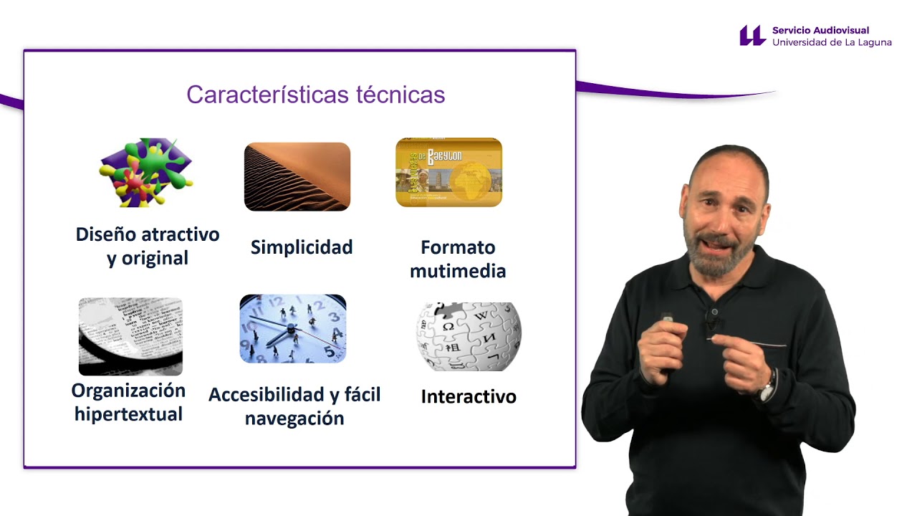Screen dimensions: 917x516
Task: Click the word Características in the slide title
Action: point(268,95)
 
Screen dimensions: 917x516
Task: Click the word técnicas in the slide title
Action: point(400,95)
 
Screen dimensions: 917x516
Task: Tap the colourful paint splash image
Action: point(145,173)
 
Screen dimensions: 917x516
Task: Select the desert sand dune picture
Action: point(297,176)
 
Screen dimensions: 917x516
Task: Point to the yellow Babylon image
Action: point(448,173)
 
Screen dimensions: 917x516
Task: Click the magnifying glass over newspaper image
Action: point(130,336)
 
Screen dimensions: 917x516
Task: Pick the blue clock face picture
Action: point(293,328)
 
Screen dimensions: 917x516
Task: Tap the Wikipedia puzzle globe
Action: point(469,336)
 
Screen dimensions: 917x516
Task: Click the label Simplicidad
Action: point(302,247)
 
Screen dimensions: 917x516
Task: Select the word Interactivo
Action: point(469,396)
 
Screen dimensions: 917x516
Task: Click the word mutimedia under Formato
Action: point(458,271)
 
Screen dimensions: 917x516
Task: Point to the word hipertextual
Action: point(128,414)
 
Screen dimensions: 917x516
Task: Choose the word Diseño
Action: point(106,234)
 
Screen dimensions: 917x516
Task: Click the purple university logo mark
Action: point(752,35)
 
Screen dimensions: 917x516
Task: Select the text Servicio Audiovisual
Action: point(820,30)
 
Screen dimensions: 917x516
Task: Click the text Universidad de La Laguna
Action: point(832,42)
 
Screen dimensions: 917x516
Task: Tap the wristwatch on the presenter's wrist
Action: point(767,387)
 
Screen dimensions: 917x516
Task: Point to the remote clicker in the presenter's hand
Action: point(667,323)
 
